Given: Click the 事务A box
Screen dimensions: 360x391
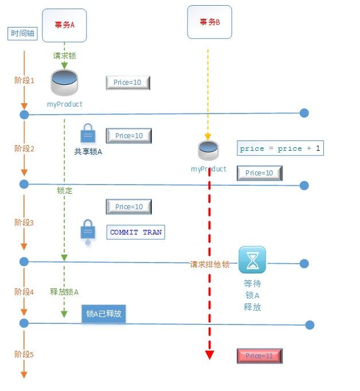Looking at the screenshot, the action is pyautogui.click(x=64, y=25).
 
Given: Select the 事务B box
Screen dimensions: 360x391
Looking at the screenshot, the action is pyautogui.click(x=210, y=22).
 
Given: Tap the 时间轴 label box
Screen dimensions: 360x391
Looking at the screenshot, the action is pyautogui.click(x=22, y=33).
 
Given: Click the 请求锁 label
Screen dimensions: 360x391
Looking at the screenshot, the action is pyautogui.click(x=64, y=56).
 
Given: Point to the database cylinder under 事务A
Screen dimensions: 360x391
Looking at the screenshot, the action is pyautogui.click(x=64, y=83).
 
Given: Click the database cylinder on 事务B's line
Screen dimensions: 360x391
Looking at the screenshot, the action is pyautogui.click(x=208, y=150).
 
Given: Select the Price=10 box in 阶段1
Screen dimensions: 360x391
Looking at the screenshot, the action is pyautogui.click(x=128, y=83).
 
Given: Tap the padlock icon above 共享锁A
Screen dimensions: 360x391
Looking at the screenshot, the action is pyautogui.click(x=88, y=133).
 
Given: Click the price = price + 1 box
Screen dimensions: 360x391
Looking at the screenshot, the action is pyautogui.click(x=280, y=148).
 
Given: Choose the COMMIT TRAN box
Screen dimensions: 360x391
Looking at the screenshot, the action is pyautogui.click(x=136, y=232).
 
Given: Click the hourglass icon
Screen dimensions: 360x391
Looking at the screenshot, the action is pyautogui.click(x=252, y=260).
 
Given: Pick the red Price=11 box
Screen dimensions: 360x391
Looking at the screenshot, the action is pyautogui.click(x=260, y=356).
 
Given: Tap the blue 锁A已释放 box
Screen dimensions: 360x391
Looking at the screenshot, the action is pyautogui.click(x=104, y=314).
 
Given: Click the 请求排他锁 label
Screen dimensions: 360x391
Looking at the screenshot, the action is pyautogui.click(x=210, y=264).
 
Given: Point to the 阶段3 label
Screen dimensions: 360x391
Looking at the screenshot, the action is pyautogui.click(x=24, y=222).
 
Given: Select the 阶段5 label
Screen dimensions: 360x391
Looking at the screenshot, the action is pyautogui.click(x=24, y=354).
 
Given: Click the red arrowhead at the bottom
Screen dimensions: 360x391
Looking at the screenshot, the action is pyautogui.click(x=209, y=355).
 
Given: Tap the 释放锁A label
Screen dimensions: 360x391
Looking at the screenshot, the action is pyautogui.click(x=64, y=292).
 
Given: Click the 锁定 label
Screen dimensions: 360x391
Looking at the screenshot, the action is pyautogui.click(x=65, y=190).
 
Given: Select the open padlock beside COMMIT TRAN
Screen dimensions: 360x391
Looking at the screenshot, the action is pyautogui.click(x=88, y=232).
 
